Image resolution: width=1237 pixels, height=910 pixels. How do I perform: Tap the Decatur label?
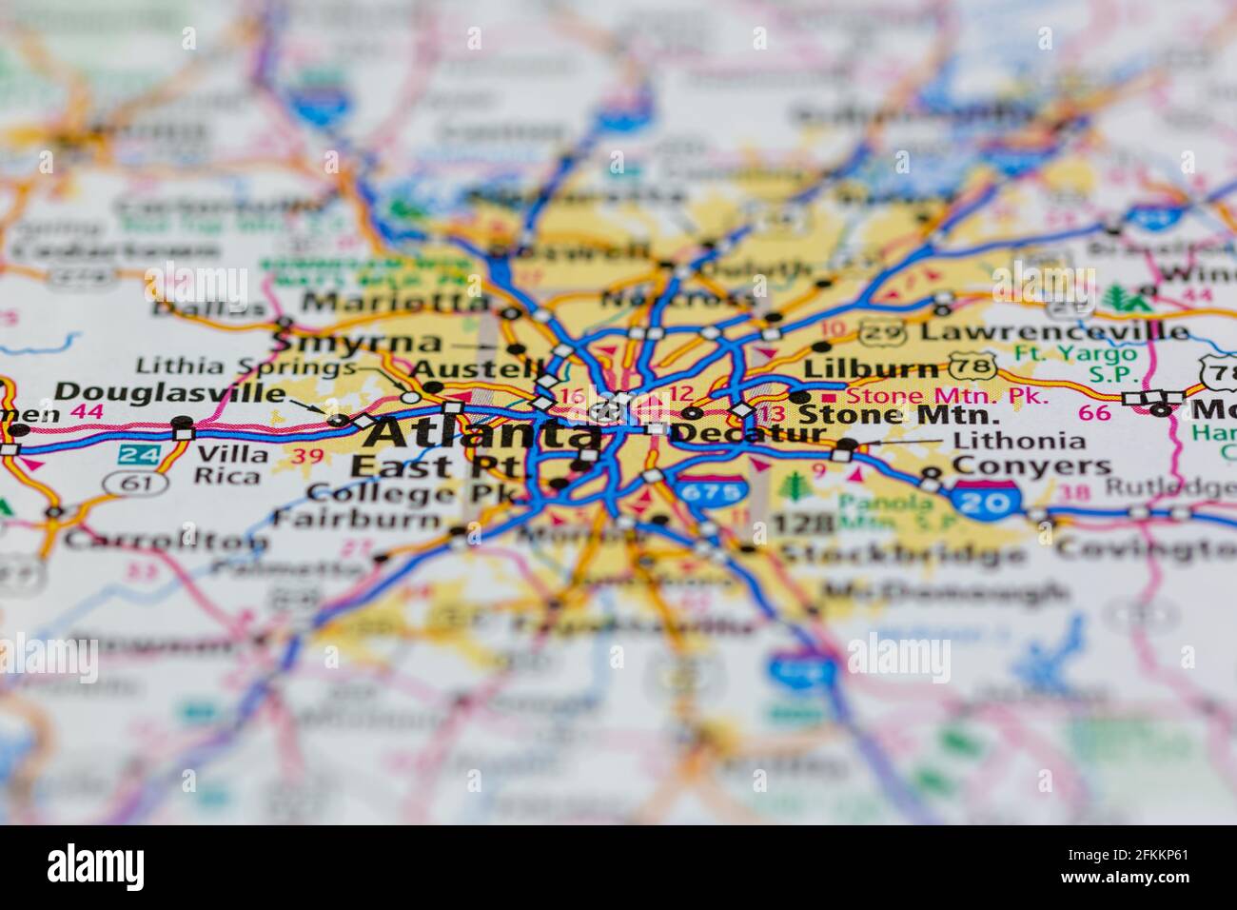pyautogui.click(x=748, y=433)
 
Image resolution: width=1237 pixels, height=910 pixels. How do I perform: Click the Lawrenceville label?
pyautogui.click(x=1054, y=332)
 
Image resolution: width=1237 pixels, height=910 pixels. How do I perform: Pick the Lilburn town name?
pyautogui.click(x=871, y=368)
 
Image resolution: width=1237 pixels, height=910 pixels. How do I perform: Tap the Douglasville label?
pyautogui.click(x=169, y=392)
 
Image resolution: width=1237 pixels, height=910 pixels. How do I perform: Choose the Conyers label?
pyautogui.click(x=1031, y=466)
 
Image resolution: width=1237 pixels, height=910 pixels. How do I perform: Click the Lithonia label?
pyautogui.click(x=1019, y=441)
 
